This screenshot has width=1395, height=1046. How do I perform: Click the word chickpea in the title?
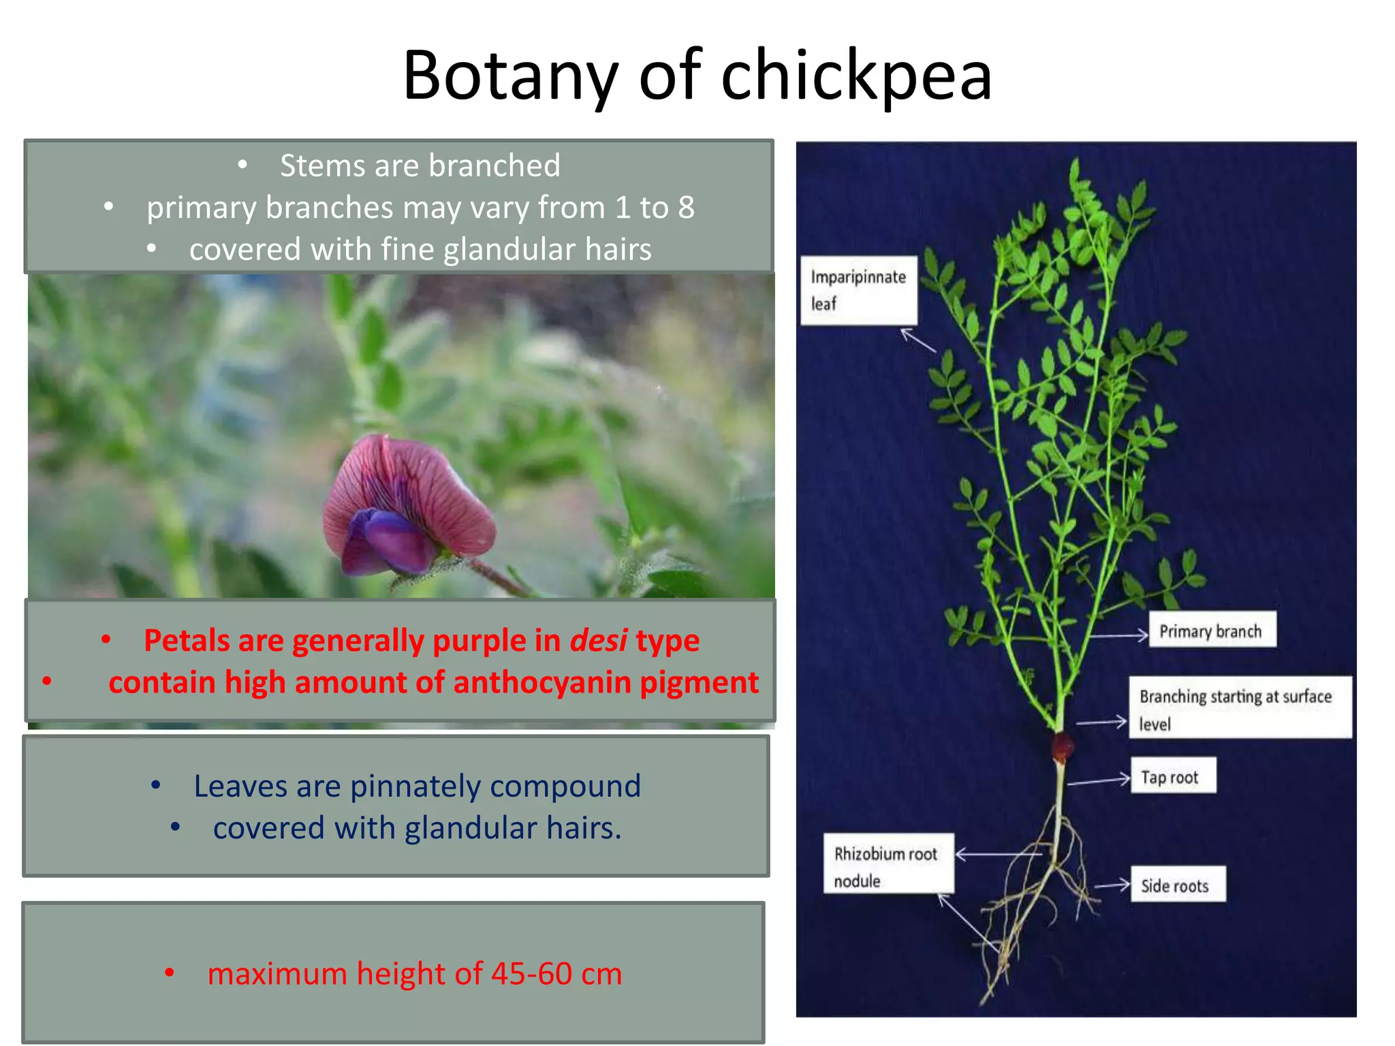point(856,76)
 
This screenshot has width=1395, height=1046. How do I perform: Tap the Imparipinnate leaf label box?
point(858,290)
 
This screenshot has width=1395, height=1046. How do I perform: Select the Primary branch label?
point(1211,631)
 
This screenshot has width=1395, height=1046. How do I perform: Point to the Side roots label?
point(1177,885)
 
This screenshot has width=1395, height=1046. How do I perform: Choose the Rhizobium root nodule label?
point(887,866)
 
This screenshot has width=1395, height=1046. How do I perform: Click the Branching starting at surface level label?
point(1238,708)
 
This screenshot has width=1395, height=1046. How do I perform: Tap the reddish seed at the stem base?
point(1061,746)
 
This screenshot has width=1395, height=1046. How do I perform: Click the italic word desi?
point(598,641)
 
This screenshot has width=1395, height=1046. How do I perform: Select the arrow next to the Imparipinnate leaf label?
point(918,339)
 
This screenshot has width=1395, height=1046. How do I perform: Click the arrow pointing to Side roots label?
point(1112,885)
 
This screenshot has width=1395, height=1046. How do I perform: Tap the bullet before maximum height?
point(170,973)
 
